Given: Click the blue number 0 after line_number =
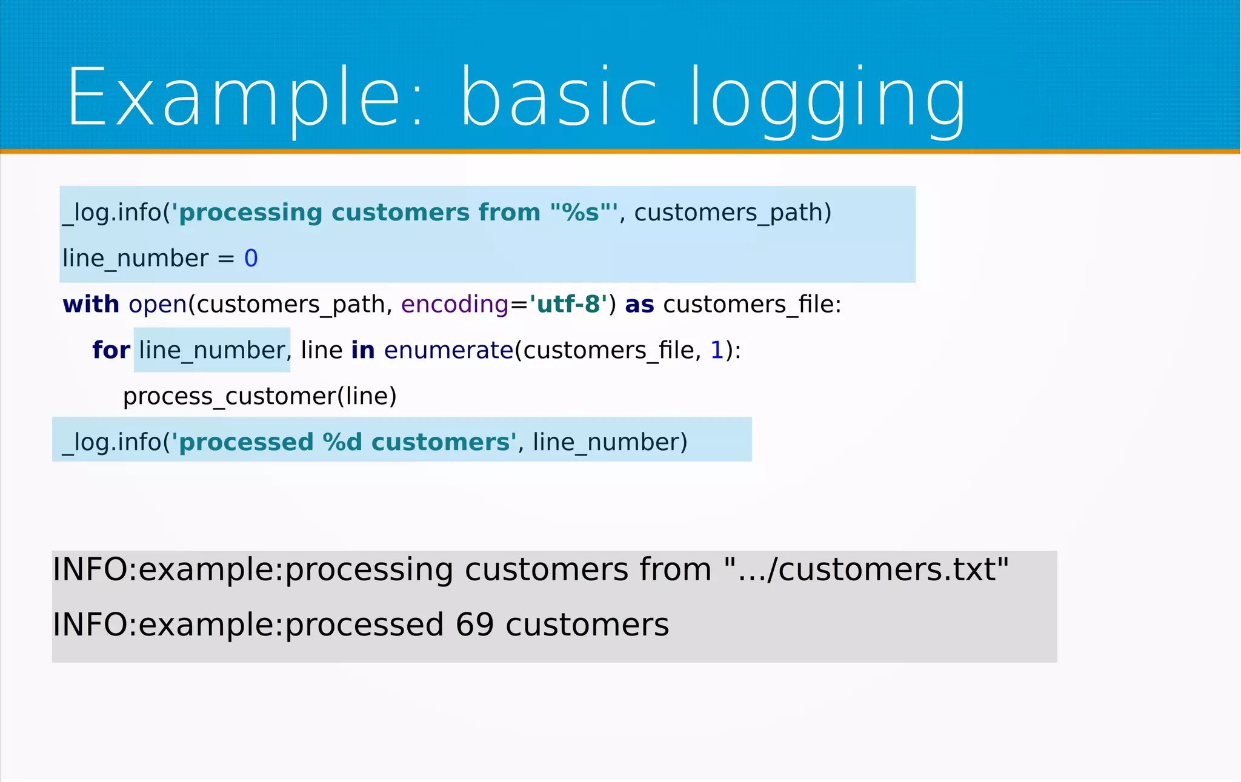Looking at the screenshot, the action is [251, 259].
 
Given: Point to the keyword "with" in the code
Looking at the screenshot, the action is [91, 304].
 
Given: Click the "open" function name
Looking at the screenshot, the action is [158, 305].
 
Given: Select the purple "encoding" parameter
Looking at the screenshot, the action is [454, 304].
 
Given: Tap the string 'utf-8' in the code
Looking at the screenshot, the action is [568, 304].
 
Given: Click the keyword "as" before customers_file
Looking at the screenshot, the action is [639, 305].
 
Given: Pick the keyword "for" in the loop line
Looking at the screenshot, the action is [111, 350].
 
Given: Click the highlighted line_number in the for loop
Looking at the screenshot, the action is [211, 350].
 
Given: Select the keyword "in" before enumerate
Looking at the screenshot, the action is [362, 350].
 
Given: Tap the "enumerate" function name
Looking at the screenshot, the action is [448, 350].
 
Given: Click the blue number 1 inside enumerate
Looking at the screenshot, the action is [716, 350].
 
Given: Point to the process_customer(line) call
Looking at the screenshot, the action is [259, 396].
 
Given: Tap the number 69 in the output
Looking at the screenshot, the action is [474, 625].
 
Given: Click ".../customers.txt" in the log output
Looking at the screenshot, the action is [867, 569].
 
